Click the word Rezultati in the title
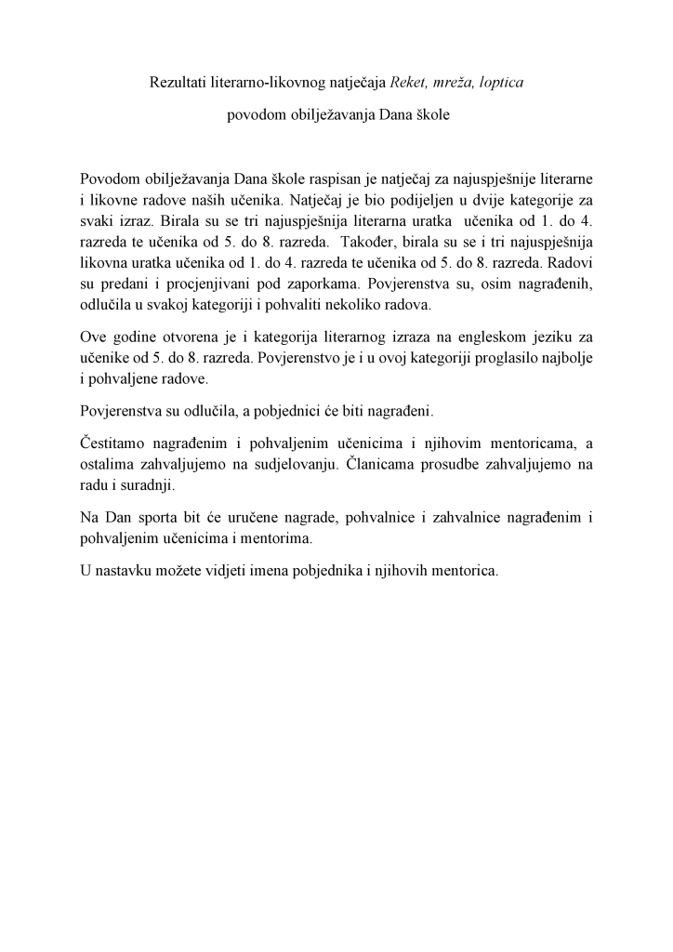coord(178,83)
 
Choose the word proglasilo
coord(488,356)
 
